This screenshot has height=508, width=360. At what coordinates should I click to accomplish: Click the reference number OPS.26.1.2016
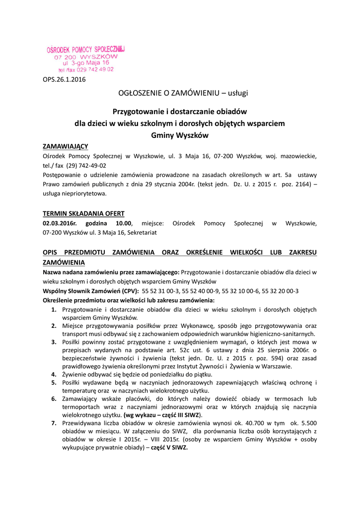coord(65,80)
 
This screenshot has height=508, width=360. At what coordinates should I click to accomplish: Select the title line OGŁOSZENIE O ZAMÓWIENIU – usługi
coord(180,93)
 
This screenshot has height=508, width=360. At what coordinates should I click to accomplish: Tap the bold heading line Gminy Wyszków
coord(180,134)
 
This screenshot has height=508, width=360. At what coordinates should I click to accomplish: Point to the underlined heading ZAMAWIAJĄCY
coord(66,146)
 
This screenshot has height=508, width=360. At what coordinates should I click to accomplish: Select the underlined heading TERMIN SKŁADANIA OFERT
coord(83,214)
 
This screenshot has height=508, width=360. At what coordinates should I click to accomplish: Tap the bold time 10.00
coord(124,223)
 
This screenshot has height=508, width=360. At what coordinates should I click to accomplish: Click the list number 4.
coord(54,375)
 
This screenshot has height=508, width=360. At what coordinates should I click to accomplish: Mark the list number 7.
coord(54,423)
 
